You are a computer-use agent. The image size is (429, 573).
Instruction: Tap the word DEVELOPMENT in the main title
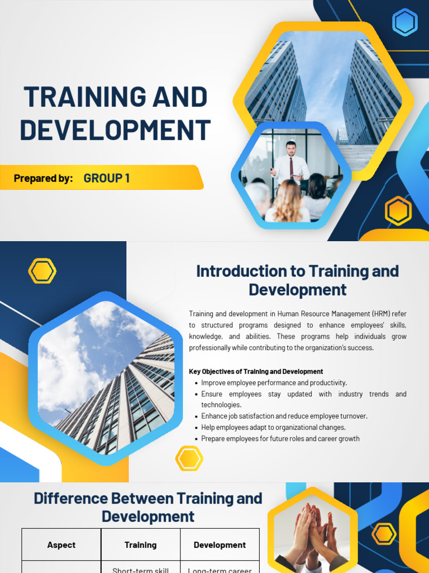115,130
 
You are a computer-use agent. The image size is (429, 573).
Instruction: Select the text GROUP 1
107,179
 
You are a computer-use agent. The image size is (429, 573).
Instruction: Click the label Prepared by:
43,179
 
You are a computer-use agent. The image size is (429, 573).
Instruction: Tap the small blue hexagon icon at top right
404,22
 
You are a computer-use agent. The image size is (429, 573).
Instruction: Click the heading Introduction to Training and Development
297,280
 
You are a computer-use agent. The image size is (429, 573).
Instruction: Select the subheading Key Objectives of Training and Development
256,372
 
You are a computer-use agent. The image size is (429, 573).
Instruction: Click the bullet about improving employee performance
274,383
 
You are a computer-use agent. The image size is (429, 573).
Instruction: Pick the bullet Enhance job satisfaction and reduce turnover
284,416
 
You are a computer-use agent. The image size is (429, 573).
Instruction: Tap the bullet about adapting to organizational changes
273,428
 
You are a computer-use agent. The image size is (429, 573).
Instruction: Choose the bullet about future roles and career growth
280,439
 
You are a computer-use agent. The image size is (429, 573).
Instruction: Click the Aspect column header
61,545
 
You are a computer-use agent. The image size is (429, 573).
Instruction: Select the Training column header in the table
140,545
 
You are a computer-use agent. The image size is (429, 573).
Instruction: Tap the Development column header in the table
220,545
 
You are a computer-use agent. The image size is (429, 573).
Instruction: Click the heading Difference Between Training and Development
148,507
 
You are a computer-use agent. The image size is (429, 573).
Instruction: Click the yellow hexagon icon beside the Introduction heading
42,271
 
